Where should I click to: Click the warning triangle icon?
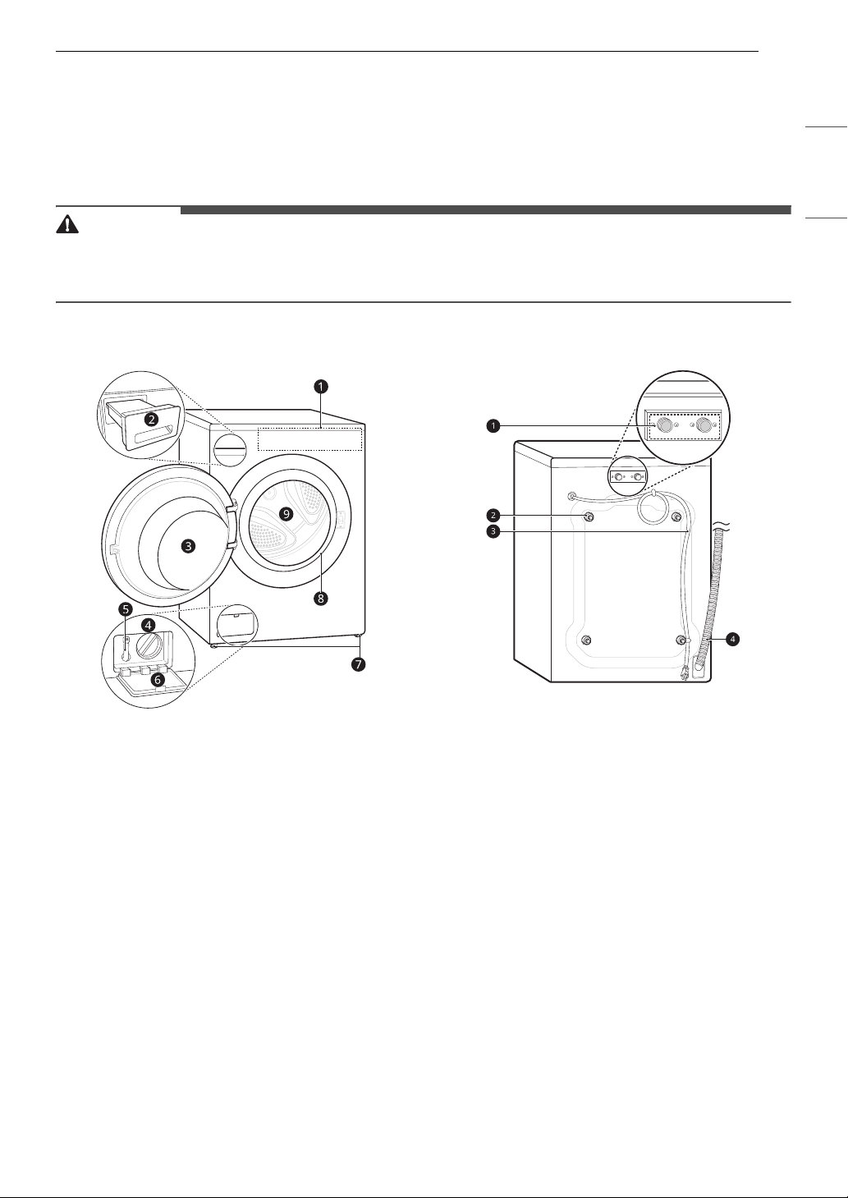[67, 224]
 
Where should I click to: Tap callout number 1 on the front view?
[321, 386]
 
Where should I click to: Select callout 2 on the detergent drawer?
[152, 419]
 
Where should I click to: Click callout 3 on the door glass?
[188, 546]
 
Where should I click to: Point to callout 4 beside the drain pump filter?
[148, 625]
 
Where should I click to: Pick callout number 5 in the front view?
[126, 609]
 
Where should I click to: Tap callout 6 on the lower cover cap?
[158, 681]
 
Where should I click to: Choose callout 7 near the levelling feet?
[358, 664]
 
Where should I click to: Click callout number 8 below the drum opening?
[321, 598]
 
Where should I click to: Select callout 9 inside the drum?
[286, 514]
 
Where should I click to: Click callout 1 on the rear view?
[493, 425]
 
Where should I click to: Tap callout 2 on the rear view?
[493, 516]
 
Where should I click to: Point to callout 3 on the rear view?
[493, 531]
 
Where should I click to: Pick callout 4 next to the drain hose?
[733, 639]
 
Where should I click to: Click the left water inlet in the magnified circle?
[665, 425]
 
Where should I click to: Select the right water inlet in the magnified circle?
[704, 425]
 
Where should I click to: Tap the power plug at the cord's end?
[684, 675]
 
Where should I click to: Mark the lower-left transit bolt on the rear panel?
[586, 640]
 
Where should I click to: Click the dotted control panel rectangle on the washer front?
[310, 439]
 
